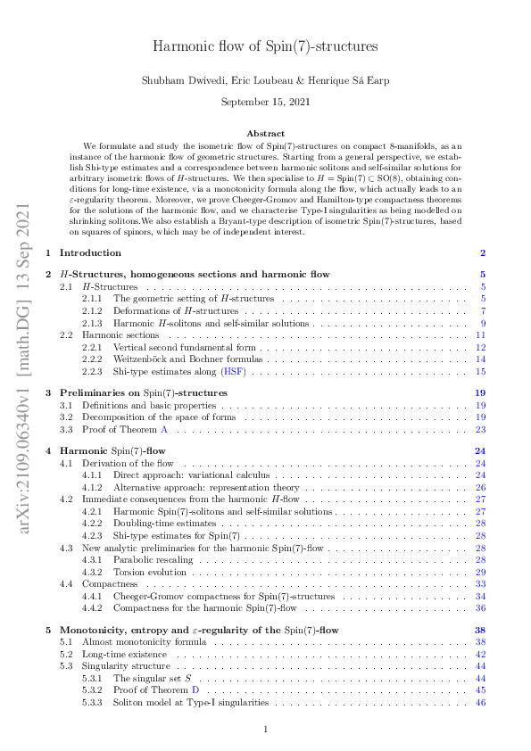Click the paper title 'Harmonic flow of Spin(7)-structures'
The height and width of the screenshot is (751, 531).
(265, 46)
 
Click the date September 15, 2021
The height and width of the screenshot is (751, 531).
(265, 103)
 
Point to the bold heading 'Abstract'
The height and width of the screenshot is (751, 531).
(265, 131)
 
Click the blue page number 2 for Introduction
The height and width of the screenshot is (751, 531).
(483, 253)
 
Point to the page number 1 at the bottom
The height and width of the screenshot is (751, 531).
(265, 730)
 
